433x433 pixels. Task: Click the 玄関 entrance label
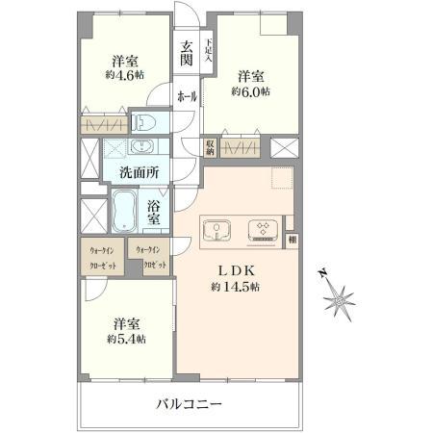pos(186,53)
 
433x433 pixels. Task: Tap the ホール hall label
pos(187,96)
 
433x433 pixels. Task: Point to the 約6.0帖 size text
pos(249,91)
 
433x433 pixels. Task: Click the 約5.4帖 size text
pos(126,339)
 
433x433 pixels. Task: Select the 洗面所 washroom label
pos(138,172)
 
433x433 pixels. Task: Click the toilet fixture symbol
pos(144,123)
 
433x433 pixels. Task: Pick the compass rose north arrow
pos(340,302)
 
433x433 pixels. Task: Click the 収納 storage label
pos(210,146)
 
